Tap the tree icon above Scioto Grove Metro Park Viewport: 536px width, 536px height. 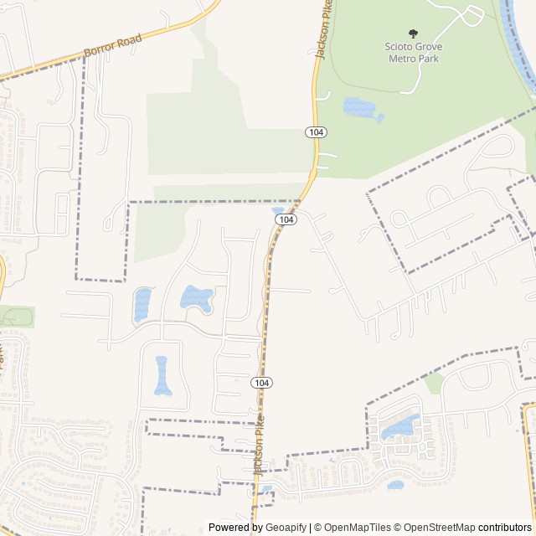point(413,33)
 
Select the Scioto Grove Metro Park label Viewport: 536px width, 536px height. point(413,52)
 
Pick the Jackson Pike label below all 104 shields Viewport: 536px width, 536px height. point(260,445)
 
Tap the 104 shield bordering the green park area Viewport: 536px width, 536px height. point(315,132)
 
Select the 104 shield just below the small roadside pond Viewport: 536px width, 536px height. point(286,219)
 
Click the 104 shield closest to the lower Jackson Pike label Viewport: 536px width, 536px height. point(261,383)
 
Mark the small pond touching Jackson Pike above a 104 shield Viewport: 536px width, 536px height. point(279,210)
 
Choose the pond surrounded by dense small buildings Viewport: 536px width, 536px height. point(400,429)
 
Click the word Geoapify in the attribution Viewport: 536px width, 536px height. point(286,528)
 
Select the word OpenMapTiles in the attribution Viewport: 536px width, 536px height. point(358,528)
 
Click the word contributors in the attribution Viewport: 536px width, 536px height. point(505,528)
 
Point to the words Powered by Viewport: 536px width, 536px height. point(235,528)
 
